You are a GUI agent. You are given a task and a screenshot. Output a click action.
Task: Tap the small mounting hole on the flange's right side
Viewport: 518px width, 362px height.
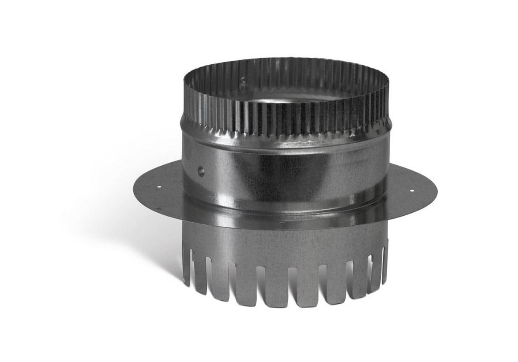[411, 190]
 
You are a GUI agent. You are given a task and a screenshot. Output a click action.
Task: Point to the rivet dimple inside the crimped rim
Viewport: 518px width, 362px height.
[243, 80]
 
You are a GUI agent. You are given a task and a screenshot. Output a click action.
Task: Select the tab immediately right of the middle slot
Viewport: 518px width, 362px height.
[308, 286]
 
